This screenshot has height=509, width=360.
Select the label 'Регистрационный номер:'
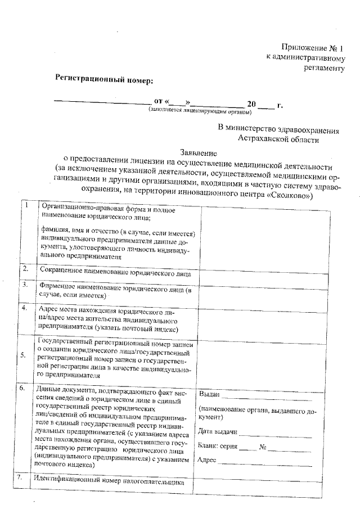point(103,80)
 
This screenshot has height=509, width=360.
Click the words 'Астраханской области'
point(278,138)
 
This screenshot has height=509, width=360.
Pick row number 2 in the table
point(25,268)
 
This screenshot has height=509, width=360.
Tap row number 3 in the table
point(25,285)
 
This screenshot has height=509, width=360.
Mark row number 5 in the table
point(22,355)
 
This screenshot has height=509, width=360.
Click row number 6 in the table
point(21,388)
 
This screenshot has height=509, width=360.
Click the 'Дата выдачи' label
point(218,432)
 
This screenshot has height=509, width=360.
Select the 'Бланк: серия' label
point(218,446)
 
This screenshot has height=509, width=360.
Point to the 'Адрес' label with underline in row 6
point(208,460)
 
